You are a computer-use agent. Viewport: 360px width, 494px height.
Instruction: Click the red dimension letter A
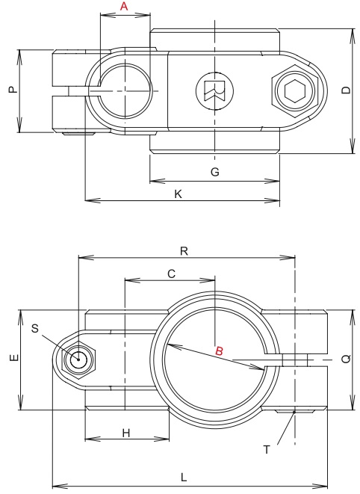click(x=124, y=6)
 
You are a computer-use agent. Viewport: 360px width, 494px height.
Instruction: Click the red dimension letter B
click(x=218, y=351)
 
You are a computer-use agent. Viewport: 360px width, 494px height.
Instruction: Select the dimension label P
click(x=10, y=90)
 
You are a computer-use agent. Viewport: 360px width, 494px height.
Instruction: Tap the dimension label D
click(x=345, y=90)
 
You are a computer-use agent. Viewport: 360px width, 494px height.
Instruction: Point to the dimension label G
click(x=214, y=172)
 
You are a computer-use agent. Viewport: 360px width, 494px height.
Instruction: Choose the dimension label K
click(x=178, y=193)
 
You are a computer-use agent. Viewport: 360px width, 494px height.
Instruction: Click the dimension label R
click(x=183, y=251)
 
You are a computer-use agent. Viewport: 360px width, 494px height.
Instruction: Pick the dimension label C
click(x=170, y=274)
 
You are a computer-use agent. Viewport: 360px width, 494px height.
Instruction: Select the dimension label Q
click(x=345, y=359)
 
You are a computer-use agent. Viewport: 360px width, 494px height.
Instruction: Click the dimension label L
click(x=183, y=477)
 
